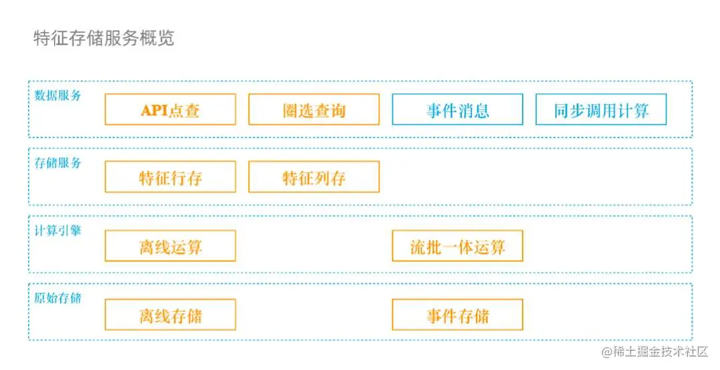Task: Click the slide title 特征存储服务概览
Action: click(x=104, y=38)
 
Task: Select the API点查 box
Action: click(x=170, y=109)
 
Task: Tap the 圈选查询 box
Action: click(x=314, y=109)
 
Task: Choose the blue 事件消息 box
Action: click(x=457, y=109)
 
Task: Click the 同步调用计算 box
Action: click(x=601, y=109)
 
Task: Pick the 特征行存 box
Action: click(x=170, y=177)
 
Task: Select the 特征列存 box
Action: click(x=314, y=177)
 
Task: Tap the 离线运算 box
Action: click(x=170, y=247)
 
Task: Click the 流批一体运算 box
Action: click(x=457, y=247)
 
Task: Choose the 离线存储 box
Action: click(x=170, y=315)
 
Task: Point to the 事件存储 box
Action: click(x=457, y=315)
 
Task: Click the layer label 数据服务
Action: click(x=58, y=95)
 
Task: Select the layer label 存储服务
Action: click(x=58, y=163)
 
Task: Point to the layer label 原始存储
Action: click(x=58, y=298)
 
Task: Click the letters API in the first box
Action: click(x=154, y=110)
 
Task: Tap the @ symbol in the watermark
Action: click(x=607, y=352)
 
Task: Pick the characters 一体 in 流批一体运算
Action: click(x=457, y=247)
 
